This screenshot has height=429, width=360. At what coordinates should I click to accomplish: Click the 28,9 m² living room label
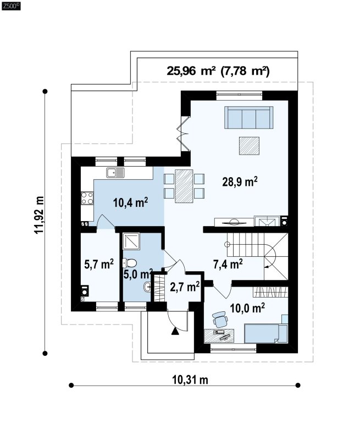(x=240, y=182)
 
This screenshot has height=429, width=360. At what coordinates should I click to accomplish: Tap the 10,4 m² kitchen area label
(x=131, y=203)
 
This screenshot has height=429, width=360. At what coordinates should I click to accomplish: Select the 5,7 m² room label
(x=99, y=265)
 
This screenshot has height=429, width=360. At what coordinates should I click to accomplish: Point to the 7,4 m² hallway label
(x=228, y=265)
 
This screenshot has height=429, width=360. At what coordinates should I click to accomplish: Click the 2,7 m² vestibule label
(x=185, y=287)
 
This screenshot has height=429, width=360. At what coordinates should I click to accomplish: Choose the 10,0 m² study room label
(x=247, y=309)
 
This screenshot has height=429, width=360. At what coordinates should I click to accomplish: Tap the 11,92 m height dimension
(x=39, y=215)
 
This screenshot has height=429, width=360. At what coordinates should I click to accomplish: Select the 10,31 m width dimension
(x=190, y=380)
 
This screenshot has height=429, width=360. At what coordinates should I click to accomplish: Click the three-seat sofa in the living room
(x=249, y=117)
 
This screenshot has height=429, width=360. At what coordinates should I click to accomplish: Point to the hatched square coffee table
(x=249, y=146)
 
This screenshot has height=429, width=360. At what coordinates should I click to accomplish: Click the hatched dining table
(x=184, y=186)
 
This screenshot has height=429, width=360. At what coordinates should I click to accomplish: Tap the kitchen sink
(x=115, y=173)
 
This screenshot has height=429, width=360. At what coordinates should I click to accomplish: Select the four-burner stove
(x=87, y=198)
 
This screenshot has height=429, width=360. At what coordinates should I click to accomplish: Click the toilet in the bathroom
(x=130, y=263)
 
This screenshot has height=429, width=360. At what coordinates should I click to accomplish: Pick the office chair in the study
(x=220, y=320)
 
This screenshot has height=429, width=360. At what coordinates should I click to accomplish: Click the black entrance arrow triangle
(x=175, y=331)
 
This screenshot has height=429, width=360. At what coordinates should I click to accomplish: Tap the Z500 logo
(x=11, y=6)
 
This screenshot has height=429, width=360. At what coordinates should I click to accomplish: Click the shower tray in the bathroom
(x=131, y=241)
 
